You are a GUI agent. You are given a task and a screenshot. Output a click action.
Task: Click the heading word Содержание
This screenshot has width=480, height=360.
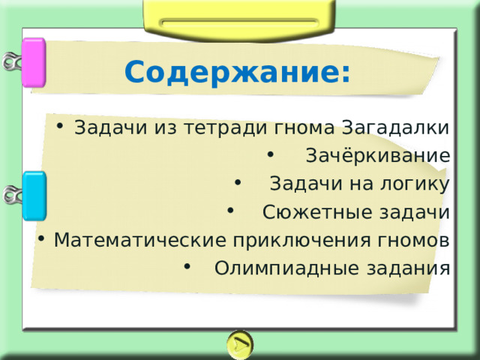click(x=232, y=72)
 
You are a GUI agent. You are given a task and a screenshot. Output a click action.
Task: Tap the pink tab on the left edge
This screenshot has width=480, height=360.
click(x=34, y=62)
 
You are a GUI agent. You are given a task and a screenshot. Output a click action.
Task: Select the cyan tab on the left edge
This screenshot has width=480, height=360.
click(x=34, y=196)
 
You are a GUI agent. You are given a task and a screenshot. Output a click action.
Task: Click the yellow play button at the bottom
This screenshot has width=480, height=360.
click(x=240, y=345)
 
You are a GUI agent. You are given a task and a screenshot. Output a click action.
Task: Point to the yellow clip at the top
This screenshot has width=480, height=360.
click(x=239, y=19)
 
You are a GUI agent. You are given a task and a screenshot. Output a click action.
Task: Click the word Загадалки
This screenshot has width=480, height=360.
click(x=395, y=127)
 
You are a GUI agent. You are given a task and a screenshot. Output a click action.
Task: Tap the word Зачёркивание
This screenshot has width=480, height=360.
click(x=378, y=155)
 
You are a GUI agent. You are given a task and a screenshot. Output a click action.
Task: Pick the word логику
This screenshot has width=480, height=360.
click(x=415, y=184)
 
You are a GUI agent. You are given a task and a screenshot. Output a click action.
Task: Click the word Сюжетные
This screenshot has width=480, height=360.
click(x=317, y=211)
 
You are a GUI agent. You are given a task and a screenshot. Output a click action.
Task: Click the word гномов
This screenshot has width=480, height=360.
click(x=413, y=240)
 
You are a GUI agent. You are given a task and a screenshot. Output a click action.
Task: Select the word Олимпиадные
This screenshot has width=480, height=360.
click(x=286, y=268)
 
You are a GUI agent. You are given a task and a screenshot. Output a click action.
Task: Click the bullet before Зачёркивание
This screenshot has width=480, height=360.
click(x=270, y=154)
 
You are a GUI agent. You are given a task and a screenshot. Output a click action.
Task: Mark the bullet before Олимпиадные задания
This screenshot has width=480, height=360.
click(x=187, y=266)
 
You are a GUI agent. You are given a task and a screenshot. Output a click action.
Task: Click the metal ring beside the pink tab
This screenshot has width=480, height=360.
click(x=12, y=61)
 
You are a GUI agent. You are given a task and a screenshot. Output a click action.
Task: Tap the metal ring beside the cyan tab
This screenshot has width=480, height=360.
click(x=12, y=195)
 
